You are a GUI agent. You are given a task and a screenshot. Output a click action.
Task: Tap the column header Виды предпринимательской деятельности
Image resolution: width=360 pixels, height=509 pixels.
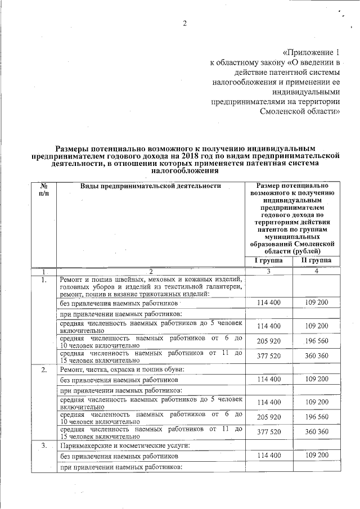(150, 186)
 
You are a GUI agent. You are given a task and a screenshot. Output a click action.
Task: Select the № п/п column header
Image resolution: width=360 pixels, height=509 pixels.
(44, 189)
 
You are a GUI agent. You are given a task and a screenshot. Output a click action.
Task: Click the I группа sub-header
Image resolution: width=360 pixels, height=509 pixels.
(268, 260)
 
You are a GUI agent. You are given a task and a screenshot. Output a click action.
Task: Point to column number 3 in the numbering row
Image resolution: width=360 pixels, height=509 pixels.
(268, 272)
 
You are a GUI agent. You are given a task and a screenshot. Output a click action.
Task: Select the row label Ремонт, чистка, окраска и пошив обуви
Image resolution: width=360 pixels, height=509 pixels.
(122, 370)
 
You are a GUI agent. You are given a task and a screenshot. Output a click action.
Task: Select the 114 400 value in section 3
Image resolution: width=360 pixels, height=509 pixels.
(268, 455)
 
